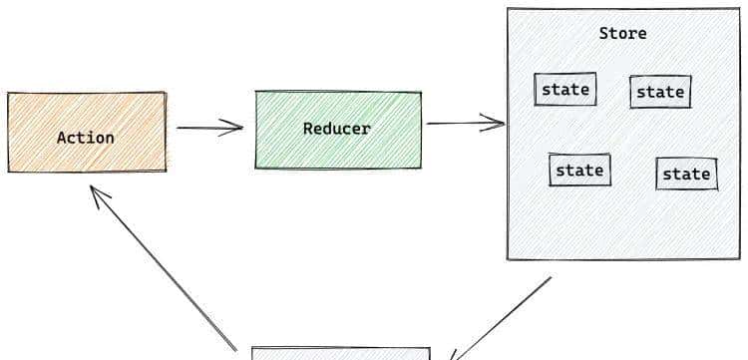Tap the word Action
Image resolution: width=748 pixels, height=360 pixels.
(86, 138)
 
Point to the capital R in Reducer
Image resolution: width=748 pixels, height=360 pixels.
(308, 129)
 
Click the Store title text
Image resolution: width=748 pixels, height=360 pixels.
(622, 33)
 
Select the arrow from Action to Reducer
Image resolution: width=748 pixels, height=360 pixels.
(209, 127)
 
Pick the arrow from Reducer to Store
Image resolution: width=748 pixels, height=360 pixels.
(465, 124)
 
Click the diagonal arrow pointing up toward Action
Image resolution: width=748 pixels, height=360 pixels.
(165, 269)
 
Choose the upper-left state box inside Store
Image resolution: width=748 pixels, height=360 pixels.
(565, 89)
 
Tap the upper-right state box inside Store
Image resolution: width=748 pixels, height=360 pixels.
(660, 92)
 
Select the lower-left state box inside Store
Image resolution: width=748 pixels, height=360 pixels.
(579, 170)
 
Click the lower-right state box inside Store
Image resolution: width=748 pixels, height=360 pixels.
(686, 174)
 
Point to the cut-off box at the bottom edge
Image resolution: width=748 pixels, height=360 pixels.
(340, 353)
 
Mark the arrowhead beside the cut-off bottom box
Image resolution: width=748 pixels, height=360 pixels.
(455, 353)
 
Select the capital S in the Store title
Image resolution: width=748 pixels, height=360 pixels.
(604, 33)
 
